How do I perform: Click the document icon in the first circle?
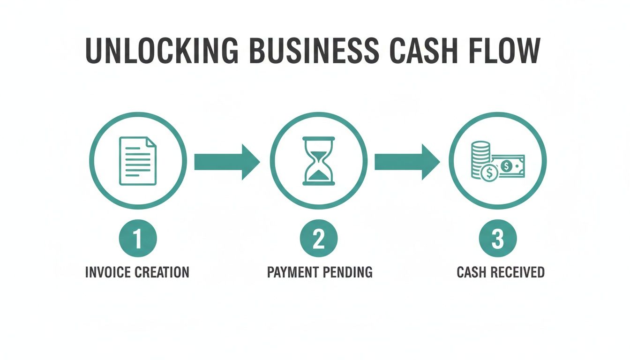(x=138, y=161)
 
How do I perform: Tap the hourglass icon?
(x=319, y=161)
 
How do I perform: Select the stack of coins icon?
(x=480, y=157)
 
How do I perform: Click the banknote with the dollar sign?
(x=509, y=166)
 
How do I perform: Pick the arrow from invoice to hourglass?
(x=226, y=162)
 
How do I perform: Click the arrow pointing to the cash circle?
(x=406, y=162)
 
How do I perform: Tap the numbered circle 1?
(x=138, y=239)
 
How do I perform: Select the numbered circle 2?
(x=319, y=239)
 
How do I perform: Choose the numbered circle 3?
(x=497, y=239)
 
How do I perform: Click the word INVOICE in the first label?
(x=108, y=272)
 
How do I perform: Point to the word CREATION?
(x=162, y=272)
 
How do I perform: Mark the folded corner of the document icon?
(x=151, y=142)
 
